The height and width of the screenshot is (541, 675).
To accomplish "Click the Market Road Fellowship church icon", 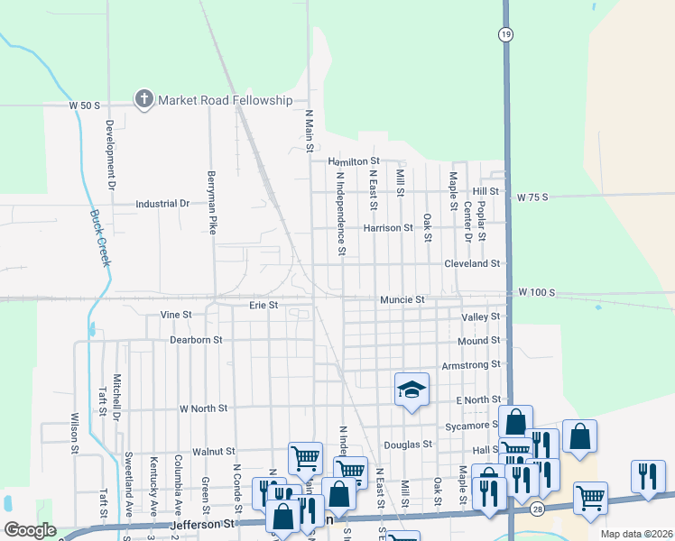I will coord(143,99).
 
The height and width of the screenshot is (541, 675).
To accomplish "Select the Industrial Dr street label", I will coord(162,204).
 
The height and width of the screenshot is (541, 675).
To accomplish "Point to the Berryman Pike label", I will coord(212,204).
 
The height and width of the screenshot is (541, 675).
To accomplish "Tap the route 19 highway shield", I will coord(507,33).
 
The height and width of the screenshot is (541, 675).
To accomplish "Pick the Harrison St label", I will coord(387,228).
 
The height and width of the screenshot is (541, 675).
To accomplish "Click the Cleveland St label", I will coord(471,263).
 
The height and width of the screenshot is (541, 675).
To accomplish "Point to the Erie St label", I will coord(263,306).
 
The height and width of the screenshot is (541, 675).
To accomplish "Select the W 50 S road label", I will coord(84,105).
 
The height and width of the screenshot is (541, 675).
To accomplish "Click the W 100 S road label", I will coord(536,293).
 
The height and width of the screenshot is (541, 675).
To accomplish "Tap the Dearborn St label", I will coord(196,340).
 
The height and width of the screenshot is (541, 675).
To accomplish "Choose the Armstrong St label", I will coord(470,364).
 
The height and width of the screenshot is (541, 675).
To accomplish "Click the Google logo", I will coord(30,530).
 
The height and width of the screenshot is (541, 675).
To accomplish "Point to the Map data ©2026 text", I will coord(635,534).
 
